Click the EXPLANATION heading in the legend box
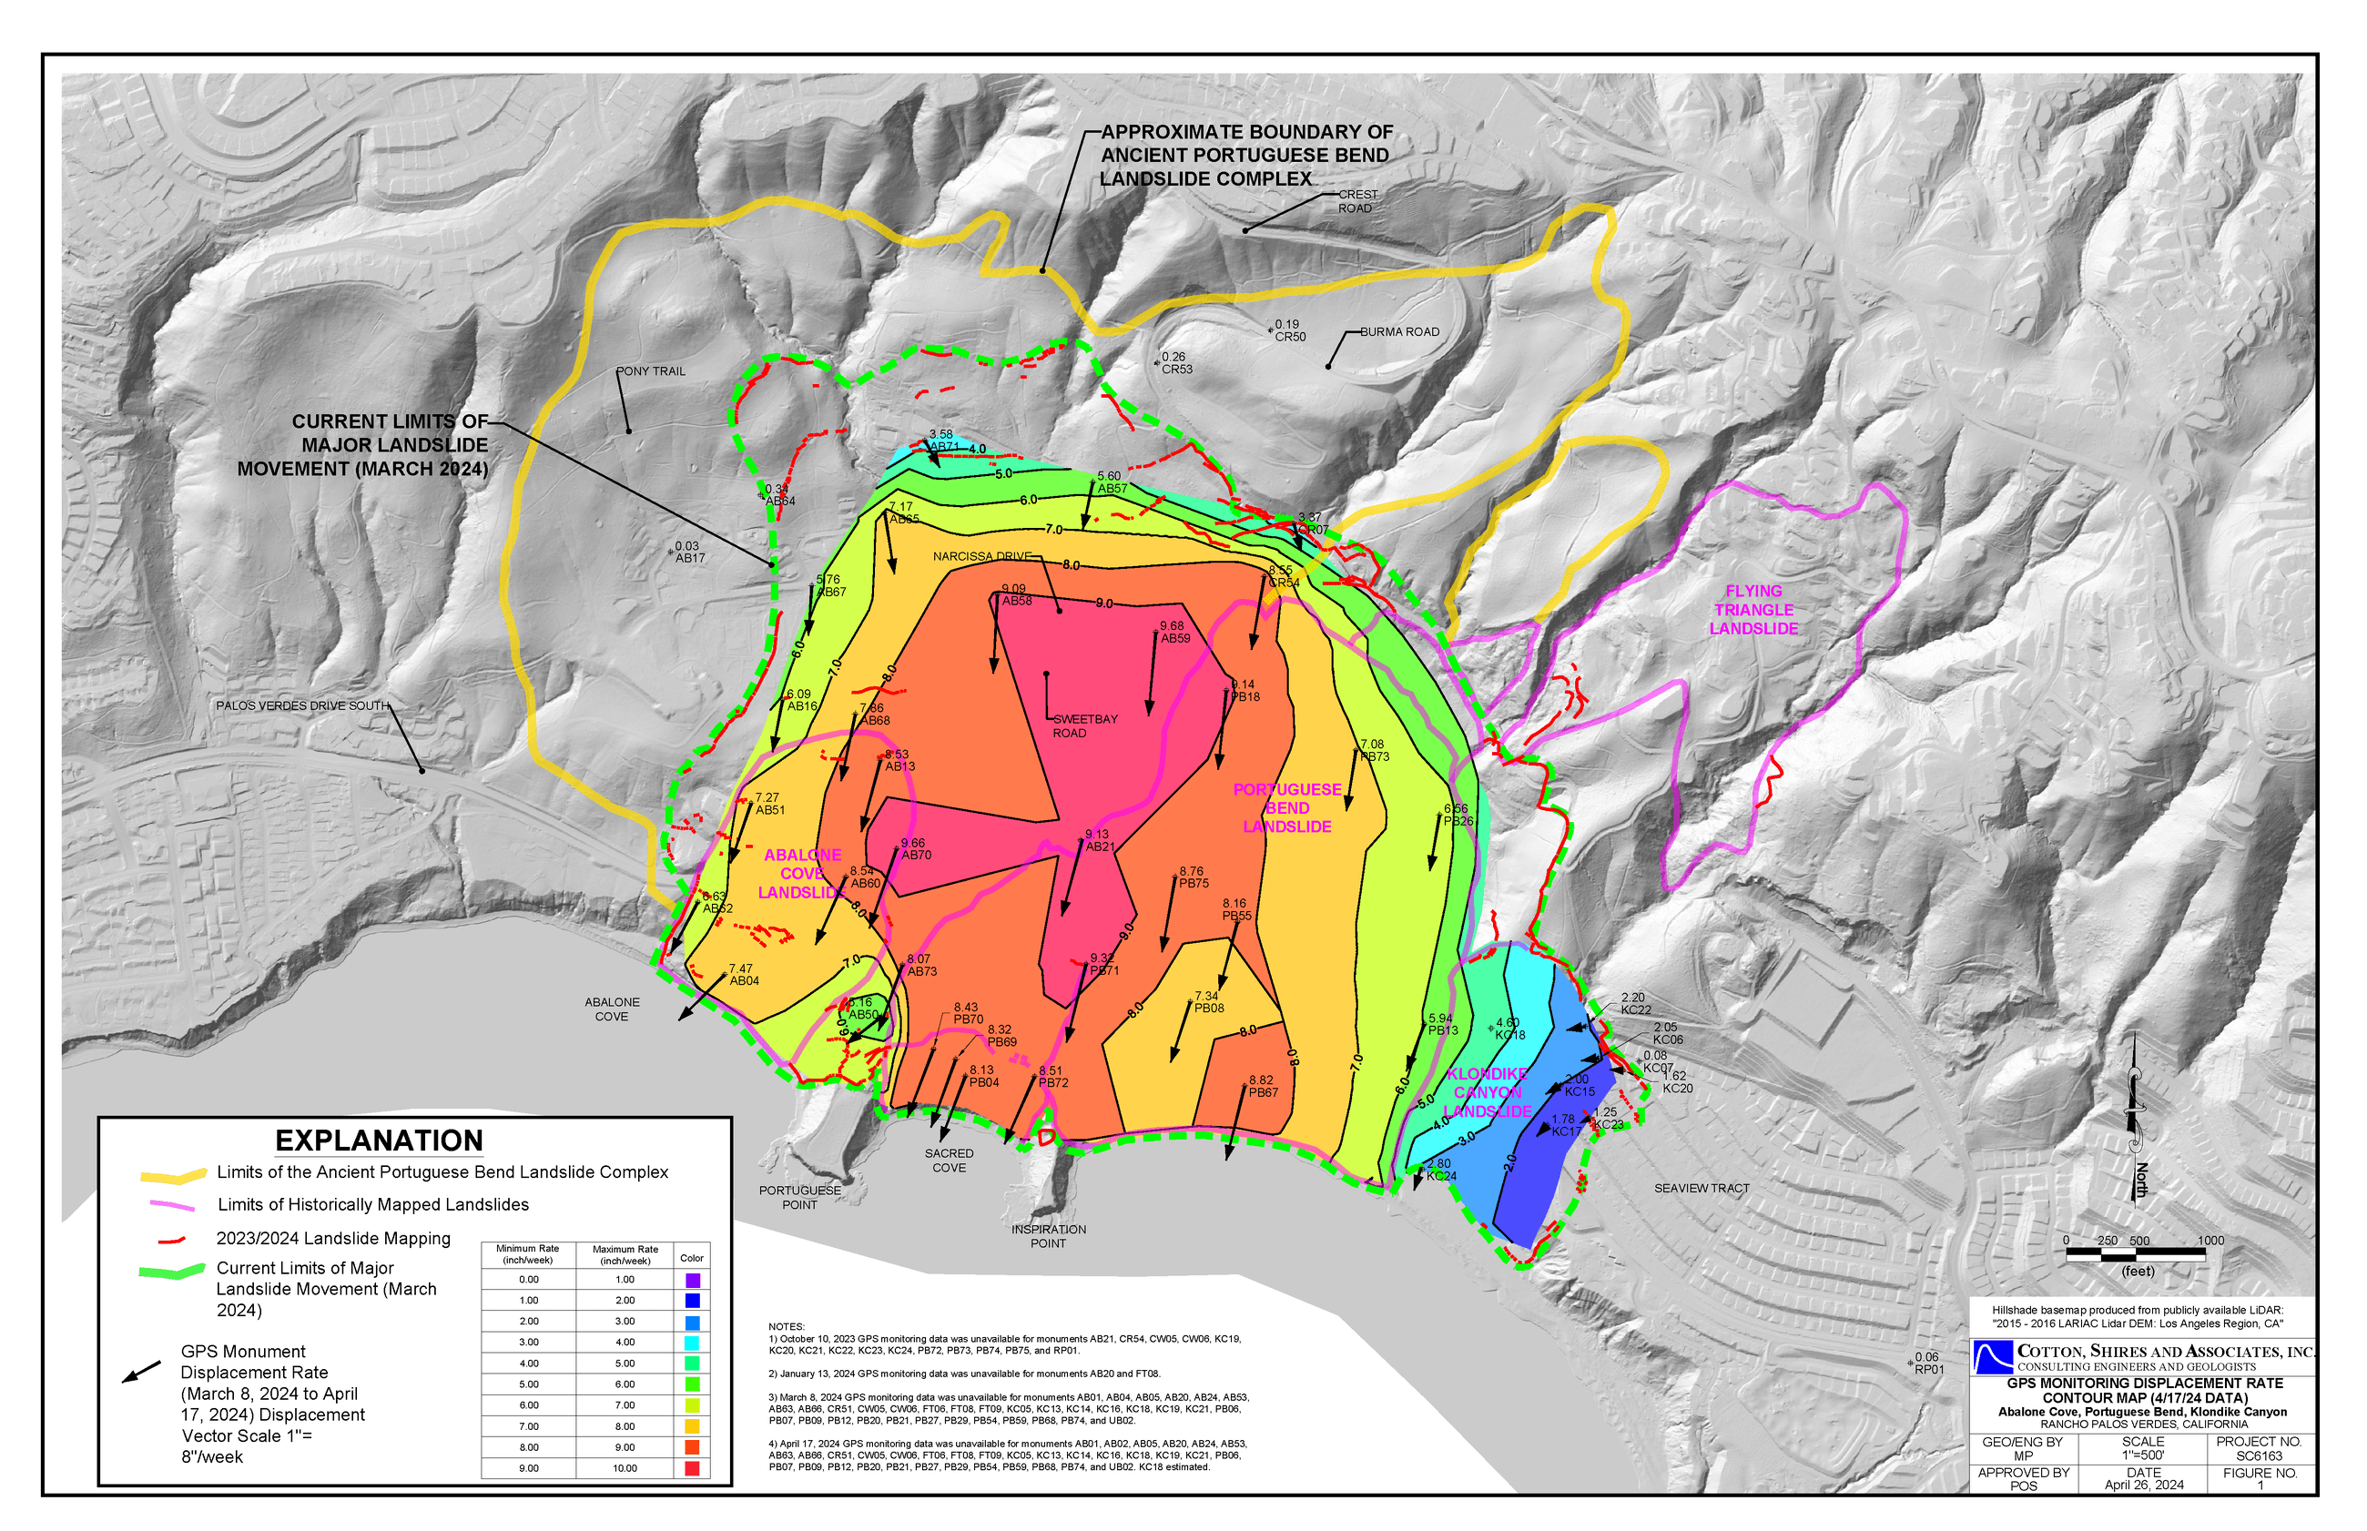[x=379, y=1141]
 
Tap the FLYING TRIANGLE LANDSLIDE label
[x=1752, y=610]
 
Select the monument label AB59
[x=1174, y=638]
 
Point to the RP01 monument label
[x=1928, y=1369]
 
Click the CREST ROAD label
[x=1356, y=201]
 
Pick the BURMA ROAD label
[x=1398, y=332]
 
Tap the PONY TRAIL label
[x=651, y=370]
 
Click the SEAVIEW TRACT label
[x=1701, y=1188]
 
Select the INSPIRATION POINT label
[x=1048, y=1236]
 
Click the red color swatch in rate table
[x=692, y=1468]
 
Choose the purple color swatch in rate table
[x=692, y=1280]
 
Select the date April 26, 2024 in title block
[x=2143, y=1485]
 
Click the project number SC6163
[x=2259, y=1455]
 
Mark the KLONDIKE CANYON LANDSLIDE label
[x=1487, y=1092]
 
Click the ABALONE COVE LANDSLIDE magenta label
[x=801, y=874]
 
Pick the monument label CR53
[x=1176, y=369]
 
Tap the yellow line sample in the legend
[x=173, y=1175]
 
